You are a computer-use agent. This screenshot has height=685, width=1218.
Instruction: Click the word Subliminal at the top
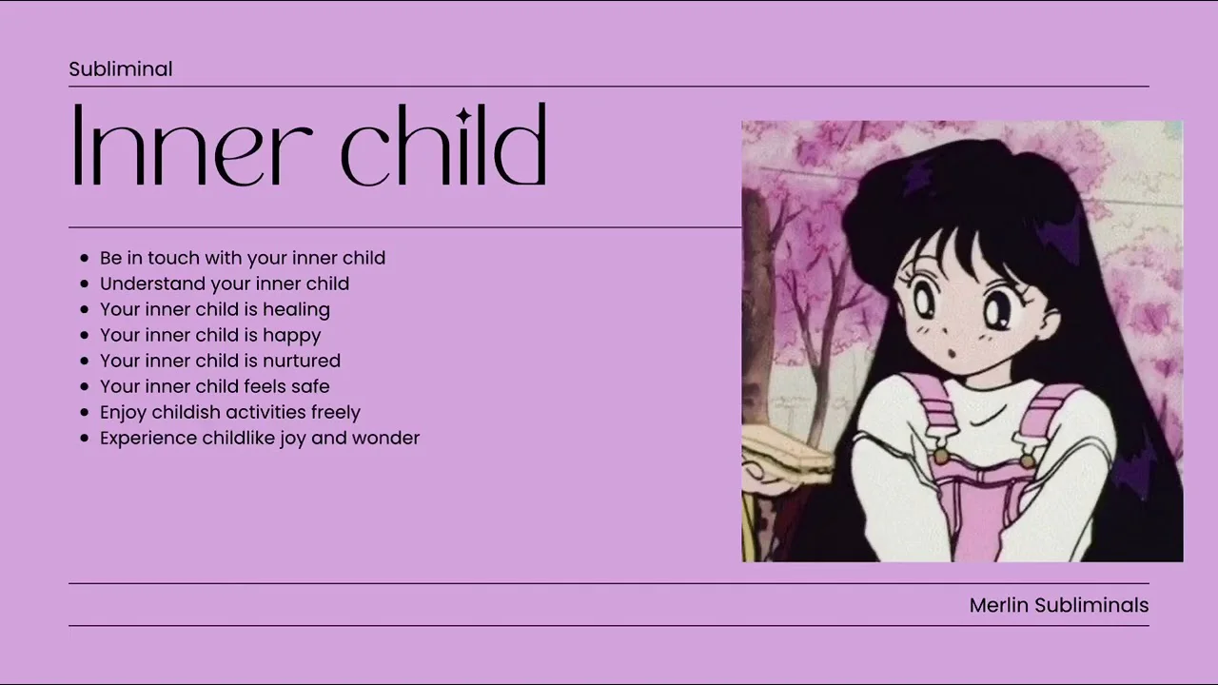[121, 69]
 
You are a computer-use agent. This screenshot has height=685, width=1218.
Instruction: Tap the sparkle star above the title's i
[463, 115]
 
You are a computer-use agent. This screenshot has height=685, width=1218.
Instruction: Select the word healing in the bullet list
[296, 309]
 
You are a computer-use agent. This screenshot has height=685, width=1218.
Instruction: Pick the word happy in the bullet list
[292, 336]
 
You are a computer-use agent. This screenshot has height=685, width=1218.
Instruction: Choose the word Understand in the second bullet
[152, 284]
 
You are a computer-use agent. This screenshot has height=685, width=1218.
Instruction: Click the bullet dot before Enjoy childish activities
[85, 412]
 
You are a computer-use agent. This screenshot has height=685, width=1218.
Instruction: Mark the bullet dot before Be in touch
[85, 258]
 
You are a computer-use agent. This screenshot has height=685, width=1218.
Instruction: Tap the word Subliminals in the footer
[1091, 605]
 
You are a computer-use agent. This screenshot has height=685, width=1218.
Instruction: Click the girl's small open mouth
[953, 354]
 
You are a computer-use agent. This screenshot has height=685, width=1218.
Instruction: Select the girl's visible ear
[1049, 322]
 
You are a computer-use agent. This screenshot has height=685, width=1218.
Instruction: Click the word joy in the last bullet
[294, 439]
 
